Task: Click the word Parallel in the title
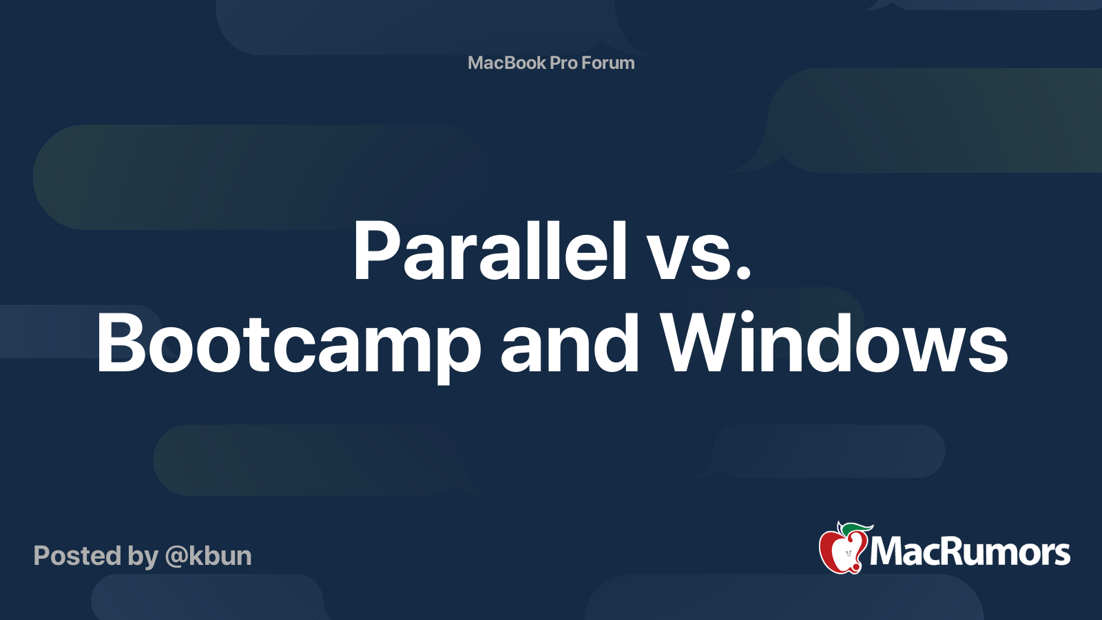click(x=490, y=251)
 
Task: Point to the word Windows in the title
click(x=834, y=343)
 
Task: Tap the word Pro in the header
click(x=563, y=63)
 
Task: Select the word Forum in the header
click(x=608, y=63)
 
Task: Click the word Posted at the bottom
click(x=77, y=556)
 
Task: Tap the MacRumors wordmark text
click(x=970, y=552)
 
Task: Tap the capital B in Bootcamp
click(x=121, y=343)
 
